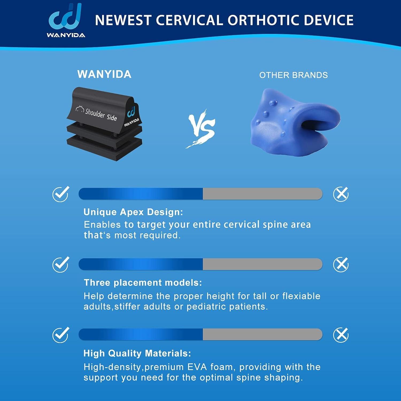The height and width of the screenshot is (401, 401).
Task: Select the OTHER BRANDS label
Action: (293, 75)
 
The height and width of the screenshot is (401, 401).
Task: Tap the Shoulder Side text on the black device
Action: (101, 114)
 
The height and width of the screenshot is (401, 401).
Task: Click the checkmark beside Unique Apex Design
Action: (61, 194)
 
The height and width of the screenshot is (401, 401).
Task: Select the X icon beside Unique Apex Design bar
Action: (341, 194)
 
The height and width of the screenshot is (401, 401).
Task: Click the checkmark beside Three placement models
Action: (61, 264)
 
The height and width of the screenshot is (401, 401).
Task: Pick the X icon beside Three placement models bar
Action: (341, 264)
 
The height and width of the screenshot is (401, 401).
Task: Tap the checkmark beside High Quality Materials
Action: (61, 335)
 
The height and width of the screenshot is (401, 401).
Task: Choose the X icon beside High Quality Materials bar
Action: (341, 335)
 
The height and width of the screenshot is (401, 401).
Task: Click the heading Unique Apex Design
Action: (133, 212)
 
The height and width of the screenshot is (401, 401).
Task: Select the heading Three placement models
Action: (143, 283)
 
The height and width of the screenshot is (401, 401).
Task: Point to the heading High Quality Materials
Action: (137, 353)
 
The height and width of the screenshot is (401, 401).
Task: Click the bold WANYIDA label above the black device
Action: (104, 74)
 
